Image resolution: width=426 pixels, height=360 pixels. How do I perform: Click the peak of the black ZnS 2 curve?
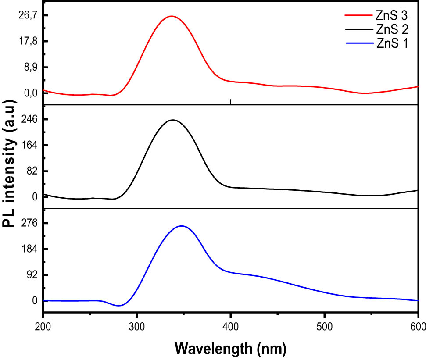tap(173, 120)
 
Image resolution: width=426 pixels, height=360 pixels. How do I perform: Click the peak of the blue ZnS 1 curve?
tap(181, 226)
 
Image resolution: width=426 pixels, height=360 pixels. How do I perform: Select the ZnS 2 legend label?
tap(392, 30)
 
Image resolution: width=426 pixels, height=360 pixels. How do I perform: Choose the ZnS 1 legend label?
tap(392, 43)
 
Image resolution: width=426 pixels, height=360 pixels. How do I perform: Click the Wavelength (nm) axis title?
tap(230, 349)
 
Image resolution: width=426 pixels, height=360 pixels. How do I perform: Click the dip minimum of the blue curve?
tap(119, 306)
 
